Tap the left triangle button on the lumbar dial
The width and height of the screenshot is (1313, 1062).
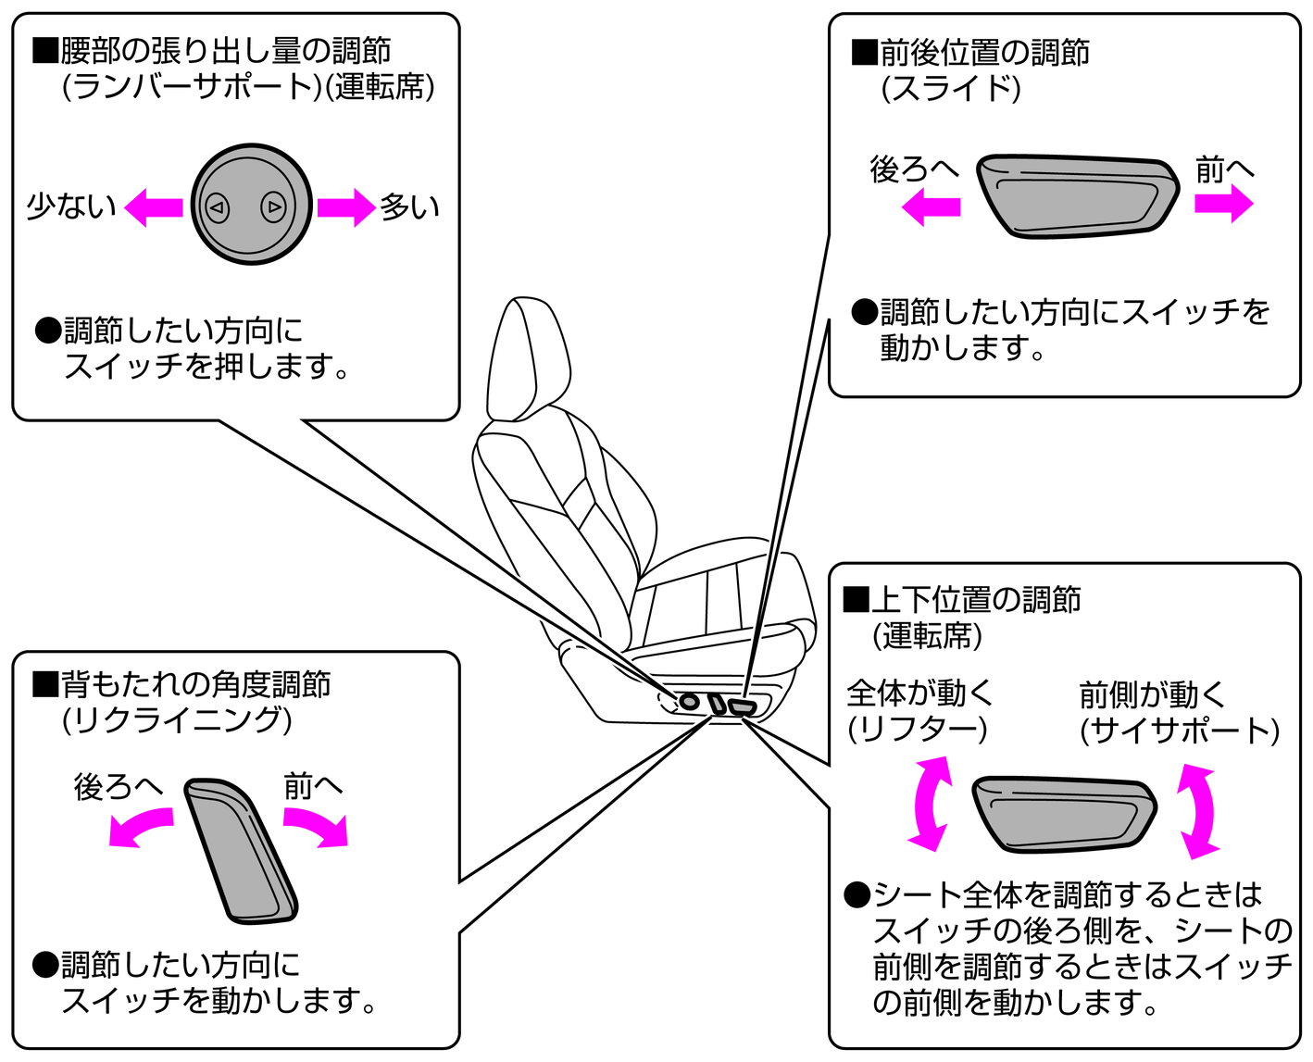(x=217, y=207)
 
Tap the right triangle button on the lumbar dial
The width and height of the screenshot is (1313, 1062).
(x=274, y=207)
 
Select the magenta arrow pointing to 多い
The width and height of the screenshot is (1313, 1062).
(x=346, y=207)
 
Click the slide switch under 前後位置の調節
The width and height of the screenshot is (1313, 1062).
(x=1077, y=195)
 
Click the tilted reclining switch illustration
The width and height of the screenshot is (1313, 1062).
(x=241, y=849)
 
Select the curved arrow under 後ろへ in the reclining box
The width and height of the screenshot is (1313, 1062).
(x=139, y=826)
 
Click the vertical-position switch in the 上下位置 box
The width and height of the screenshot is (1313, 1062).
(x=1064, y=813)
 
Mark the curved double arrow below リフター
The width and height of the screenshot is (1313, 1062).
(x=930, y=803)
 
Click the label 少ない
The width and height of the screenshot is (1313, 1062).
(x=71, y=206)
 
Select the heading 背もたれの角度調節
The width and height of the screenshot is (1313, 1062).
(x=194, y=684)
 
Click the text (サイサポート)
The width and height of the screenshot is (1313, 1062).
(x=1179, y=731)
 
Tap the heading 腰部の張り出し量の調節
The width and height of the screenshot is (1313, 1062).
(x=225, y=50)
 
